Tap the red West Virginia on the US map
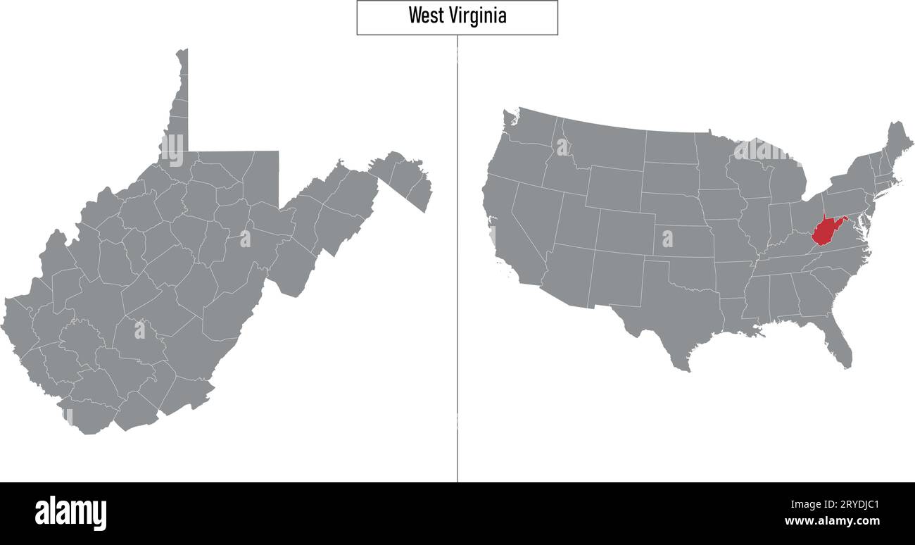[824, 231]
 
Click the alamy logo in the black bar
[70, 513]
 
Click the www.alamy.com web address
[831, 522]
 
